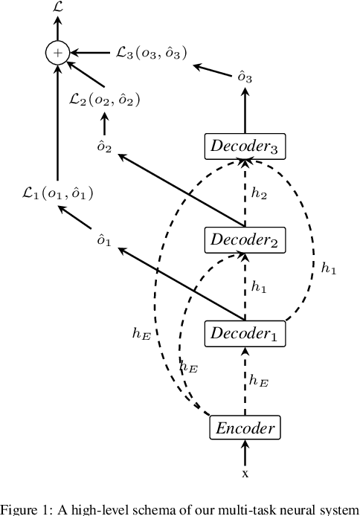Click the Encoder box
245,428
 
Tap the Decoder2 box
245,239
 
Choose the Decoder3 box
245,146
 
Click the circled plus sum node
57,52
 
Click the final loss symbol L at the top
57,7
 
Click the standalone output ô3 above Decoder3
244,75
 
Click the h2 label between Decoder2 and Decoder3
258,193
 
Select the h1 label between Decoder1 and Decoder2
258,286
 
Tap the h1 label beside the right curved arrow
328,269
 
